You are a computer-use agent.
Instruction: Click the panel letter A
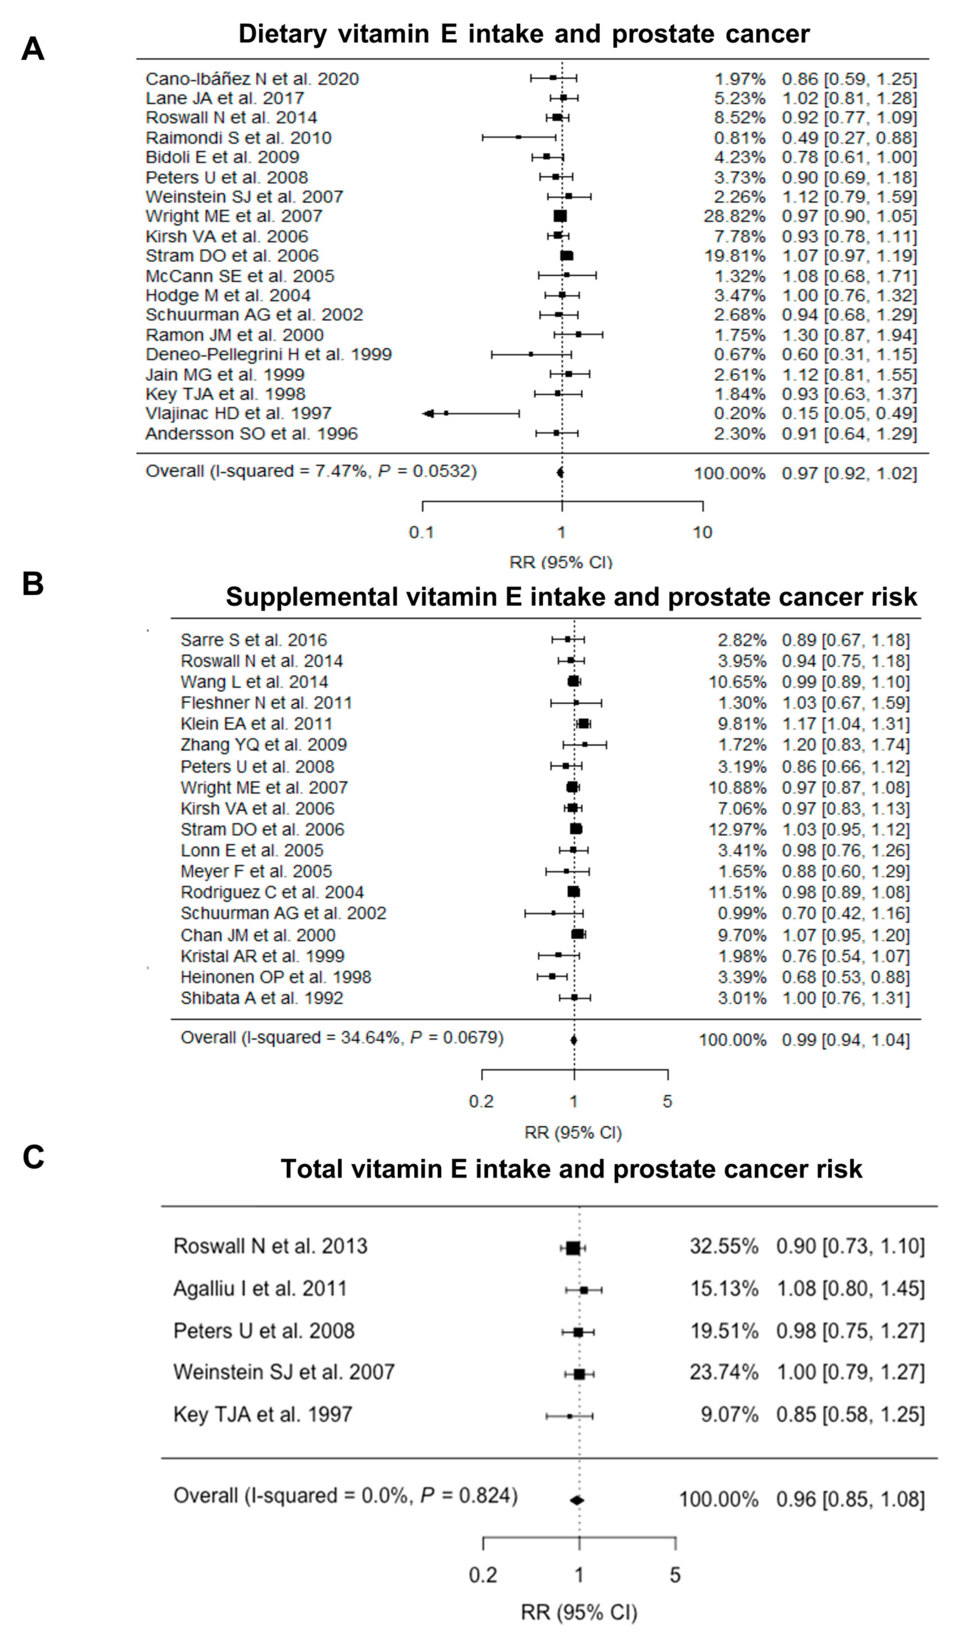(32, 49)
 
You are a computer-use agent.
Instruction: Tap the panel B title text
(571, 597)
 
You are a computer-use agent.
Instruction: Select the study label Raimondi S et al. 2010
(238, 138)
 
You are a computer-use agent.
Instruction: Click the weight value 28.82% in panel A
(734, 216)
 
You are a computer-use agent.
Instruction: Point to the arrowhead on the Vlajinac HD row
(428, 414)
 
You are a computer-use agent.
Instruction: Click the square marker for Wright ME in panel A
(560, 216)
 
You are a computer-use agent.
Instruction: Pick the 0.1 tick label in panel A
(421, 532)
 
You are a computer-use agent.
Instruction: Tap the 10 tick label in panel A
(702, 532)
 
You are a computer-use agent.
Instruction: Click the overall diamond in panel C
(577, 1500)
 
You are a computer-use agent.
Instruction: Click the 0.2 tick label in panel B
(481, 1101)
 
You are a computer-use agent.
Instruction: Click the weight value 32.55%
(724, 1246)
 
